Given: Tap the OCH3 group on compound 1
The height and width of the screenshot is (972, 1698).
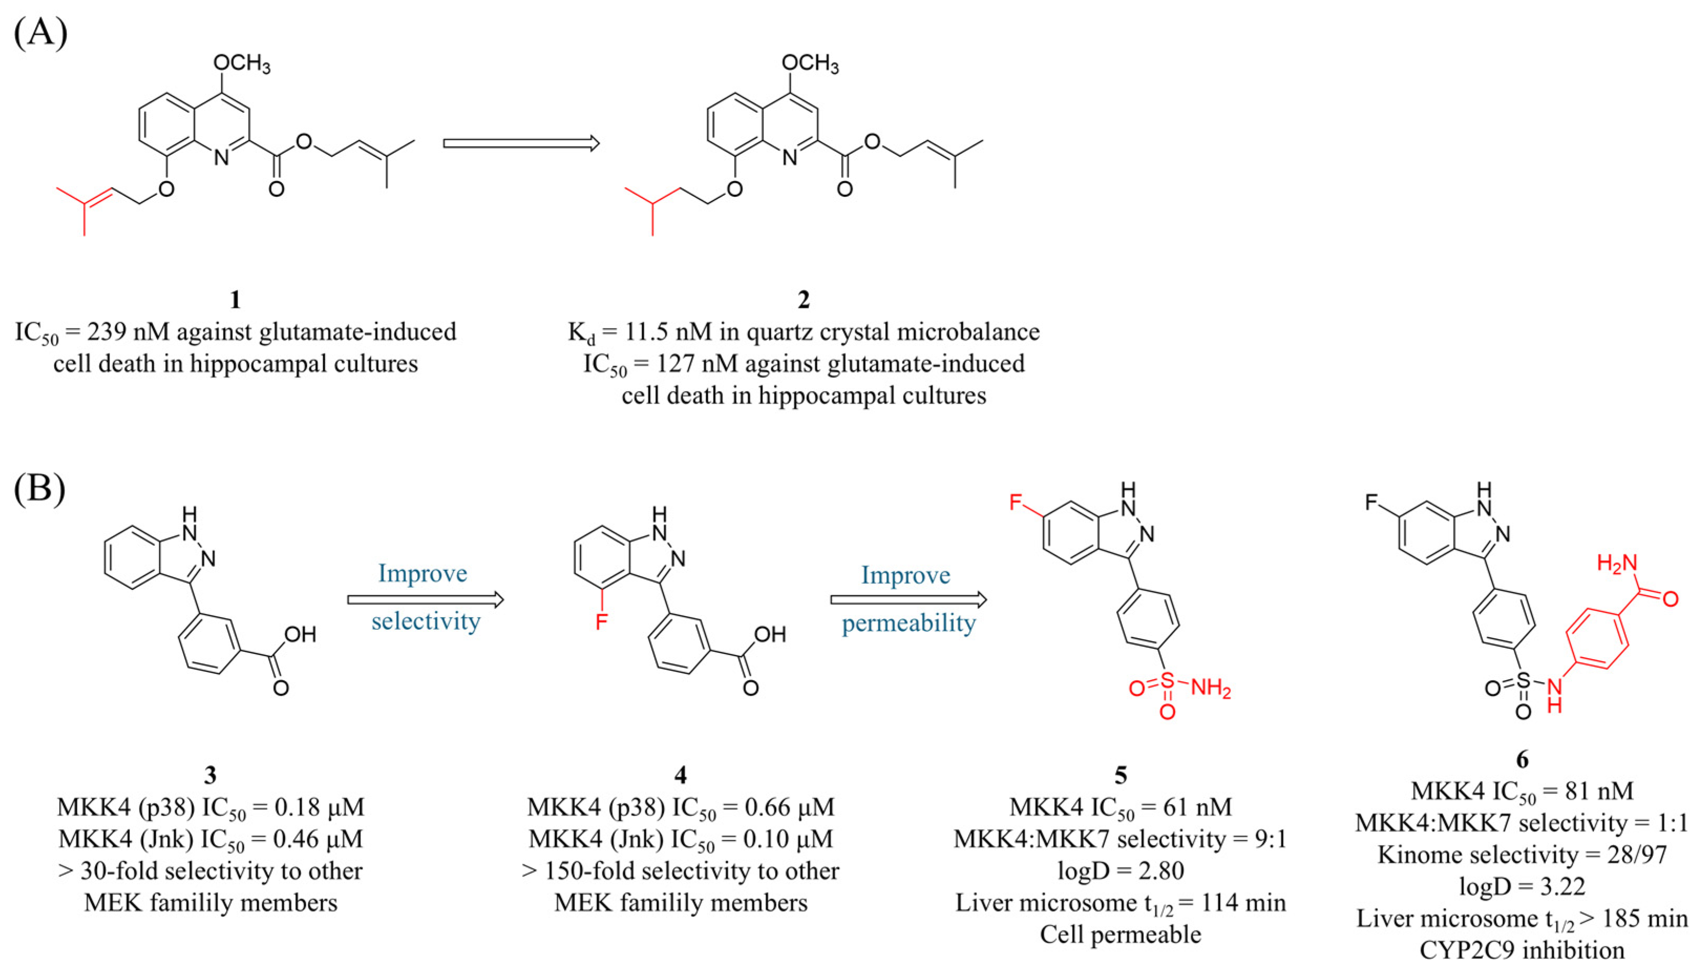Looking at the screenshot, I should coord(241,64).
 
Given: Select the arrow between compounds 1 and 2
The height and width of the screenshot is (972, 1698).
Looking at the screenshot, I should coord(521,143).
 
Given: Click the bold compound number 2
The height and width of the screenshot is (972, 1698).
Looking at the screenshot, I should coord(804,300).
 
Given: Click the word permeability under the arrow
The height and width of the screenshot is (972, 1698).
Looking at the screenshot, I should coord(908,623).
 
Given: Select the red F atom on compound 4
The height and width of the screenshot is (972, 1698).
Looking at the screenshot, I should coord(601,622).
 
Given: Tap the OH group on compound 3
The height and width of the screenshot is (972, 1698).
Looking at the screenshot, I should coord(299,634).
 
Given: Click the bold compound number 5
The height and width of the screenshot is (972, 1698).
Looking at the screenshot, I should coord(1121,775).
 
